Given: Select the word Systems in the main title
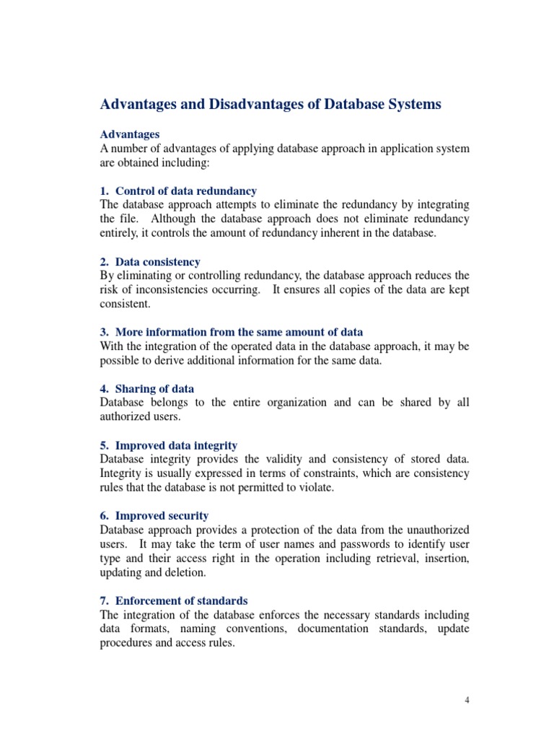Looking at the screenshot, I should click(x=408, y=105).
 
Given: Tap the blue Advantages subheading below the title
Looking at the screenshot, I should click(x=130, y=134).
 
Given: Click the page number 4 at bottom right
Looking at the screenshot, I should click(x=467, y=700).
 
